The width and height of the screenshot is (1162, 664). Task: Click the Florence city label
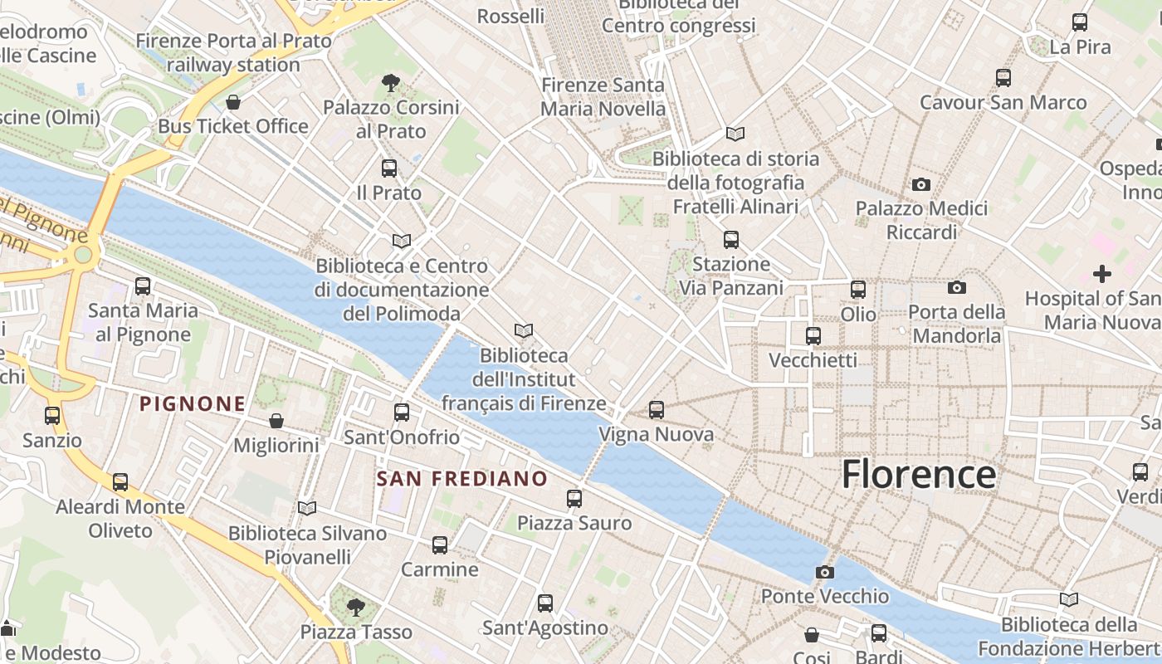(x=919, y=474)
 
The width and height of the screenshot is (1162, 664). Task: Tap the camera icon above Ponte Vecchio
(x=824, y=572)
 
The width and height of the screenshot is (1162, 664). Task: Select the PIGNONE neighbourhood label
(x=193, y=404)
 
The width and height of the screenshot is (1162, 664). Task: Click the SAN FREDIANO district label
(x=462, y=479)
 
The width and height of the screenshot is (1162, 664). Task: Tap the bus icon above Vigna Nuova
(x=657, y=409)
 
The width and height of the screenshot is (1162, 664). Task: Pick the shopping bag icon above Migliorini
(x=276, y=421)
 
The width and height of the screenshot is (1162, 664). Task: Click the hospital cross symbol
(x=1102, y=273)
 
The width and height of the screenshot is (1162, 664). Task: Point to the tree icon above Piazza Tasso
(x=356, y=607)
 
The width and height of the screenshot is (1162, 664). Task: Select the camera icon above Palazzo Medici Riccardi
(x=921, y=184)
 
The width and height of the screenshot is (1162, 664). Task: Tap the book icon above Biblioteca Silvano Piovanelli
(x=307, y=508)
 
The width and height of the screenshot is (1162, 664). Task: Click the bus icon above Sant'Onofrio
(x=402, y=412)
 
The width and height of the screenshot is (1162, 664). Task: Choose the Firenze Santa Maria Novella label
(x=603, y=97)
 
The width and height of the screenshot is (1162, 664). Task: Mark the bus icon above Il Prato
(x=389, y=168)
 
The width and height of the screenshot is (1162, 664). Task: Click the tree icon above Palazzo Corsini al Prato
(x=391, y=82)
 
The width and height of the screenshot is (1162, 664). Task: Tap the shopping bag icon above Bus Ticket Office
(x=233, y=102)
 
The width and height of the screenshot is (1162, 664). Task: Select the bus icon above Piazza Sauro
(x=574, y=498)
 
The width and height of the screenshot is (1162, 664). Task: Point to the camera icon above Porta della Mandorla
(x=957, y=287)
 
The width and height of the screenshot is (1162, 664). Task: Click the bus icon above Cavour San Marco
(x=1003, y=78)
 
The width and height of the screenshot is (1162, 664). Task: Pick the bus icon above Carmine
(x=440, y=544)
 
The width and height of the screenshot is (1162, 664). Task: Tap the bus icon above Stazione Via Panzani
(x=731, y=239)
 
